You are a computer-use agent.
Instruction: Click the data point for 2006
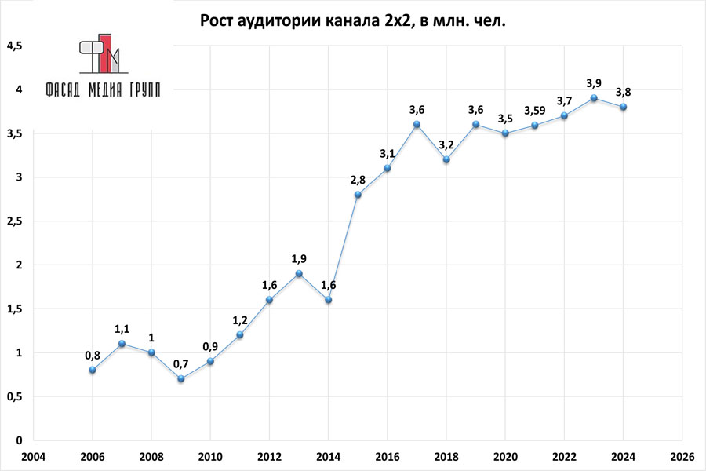pyautogui.click(x=93, y=370)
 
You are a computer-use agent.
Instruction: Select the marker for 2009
pyautogui.click(x=181, y=378)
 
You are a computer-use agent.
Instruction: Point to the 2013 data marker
pyautogui.click(x=299, y=273)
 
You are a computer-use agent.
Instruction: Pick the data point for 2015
pyautogui.click(x=358, y=195)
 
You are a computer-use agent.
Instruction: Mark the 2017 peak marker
pyautogui.click(x=417, y=124)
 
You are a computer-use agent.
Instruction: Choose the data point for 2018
pyautogui.click(x=446, y=159)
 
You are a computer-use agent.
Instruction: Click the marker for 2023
pyautogui.click(x=594, y=98)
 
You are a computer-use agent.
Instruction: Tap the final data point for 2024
pyautogui.click(x=623, y=107)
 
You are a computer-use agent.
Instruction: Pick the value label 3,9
pyautogui.click(x=594, y=83)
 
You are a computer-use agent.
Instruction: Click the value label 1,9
pyautogui.click(x=299, y=258)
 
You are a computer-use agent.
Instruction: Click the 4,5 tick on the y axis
pyautogui.click(x=15, y=46)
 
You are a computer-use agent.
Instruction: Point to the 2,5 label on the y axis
pyautogui.click(x=15, y=221)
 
